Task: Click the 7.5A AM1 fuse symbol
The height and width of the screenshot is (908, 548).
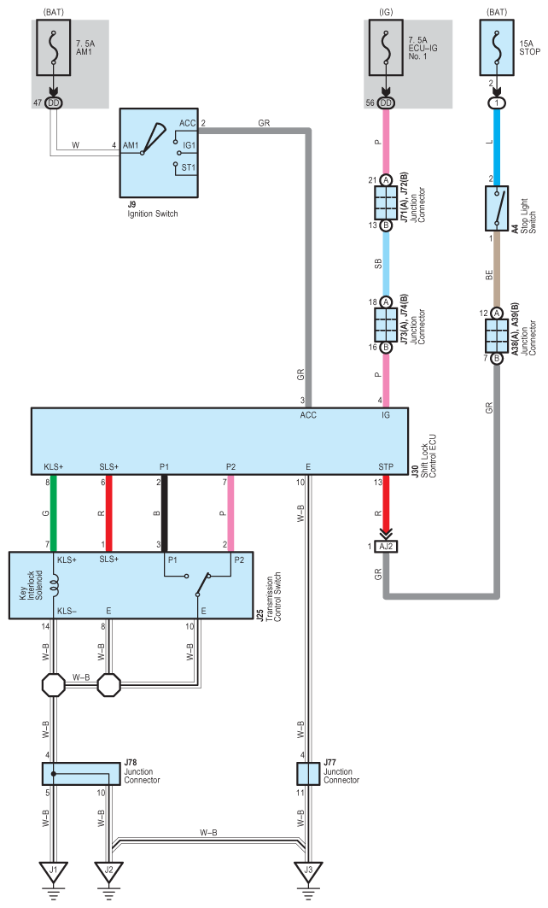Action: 54,48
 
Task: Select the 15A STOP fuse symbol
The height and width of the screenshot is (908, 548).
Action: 497,48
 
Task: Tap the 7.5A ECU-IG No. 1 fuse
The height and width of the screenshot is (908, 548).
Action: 386,48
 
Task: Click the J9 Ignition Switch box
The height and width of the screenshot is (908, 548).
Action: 159,153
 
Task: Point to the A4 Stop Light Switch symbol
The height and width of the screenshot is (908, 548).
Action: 497,208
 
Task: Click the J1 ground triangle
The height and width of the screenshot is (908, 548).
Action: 53,871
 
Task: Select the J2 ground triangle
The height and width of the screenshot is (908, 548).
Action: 108,871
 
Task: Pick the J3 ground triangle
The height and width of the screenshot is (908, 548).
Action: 308,871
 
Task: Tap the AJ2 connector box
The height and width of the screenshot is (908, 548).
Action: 386,546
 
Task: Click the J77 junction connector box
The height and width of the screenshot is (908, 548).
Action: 308,774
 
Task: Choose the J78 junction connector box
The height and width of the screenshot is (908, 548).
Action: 81,774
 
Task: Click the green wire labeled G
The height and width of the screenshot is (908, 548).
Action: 53,513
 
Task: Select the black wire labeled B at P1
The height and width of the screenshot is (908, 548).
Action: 165,513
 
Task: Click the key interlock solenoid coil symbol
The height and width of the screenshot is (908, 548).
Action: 55,585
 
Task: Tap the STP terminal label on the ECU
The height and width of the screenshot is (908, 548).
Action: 386,466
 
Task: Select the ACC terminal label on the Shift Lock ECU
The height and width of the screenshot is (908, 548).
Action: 308,415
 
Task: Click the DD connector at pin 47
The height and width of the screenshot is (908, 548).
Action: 53,103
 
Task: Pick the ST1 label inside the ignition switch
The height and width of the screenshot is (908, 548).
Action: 189,168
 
